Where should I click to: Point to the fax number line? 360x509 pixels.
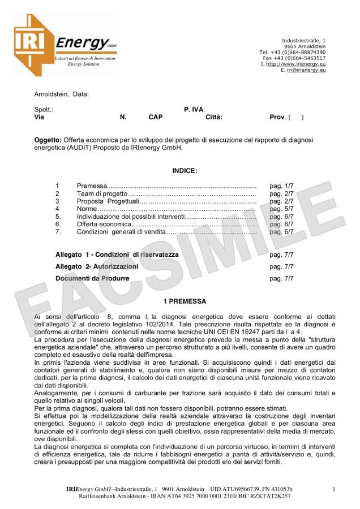click(x=294, y=58)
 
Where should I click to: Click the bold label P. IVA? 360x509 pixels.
click(x=194, y=109)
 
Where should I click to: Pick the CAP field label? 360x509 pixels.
click(x=156, y=117)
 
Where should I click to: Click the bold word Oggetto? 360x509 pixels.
click(x=48, y=139)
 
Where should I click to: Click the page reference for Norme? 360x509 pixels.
click(x=281, y=209)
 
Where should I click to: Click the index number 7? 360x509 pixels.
click(x=57, y=231)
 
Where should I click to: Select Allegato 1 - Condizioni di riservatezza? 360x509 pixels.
click(x=117, y=255)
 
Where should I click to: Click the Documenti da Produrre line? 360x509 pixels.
click(x=92, y=278)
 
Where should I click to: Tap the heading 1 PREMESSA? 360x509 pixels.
click(x=185, y=301)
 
